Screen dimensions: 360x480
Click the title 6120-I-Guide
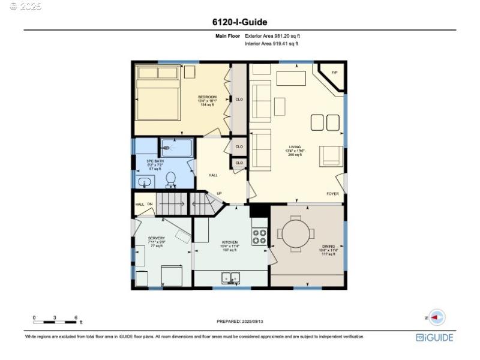pos(239,22)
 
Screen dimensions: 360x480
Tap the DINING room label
pos(327,250)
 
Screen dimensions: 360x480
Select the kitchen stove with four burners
pos(259,236)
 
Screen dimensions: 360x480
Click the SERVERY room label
pos(156,238)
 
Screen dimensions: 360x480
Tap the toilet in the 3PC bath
pos(171,178)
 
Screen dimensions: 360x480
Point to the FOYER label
pos(332,194)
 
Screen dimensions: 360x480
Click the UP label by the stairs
pos(219,193)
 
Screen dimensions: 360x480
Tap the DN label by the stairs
pos(150,204)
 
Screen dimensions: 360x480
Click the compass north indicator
pos(436,317)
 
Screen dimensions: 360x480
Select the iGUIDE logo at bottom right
pos(435,338)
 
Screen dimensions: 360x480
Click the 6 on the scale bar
pos(76,317)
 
